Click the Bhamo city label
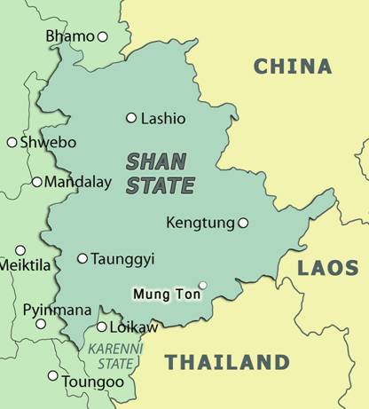pyautogui.click(x=69, y=36)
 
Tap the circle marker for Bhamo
pyautogui.click(x=102, y=36)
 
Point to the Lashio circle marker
pyautogui.click(x=131, y=118)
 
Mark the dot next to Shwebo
pyautogui.click(x=12, y=142)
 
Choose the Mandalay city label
pyautogui.click(x=78, y=183)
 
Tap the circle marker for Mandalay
pyautogui.click(x=36, y=182)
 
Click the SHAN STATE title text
pyautogui.click(x=160, y=174)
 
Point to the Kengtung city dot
pyautogui.click(x=243, y=223)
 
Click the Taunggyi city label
pyautogui.click(x=122, y=259)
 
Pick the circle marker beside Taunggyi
pyautogui.click(x=82, y=259)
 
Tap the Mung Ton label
pyautogui.click(x=163, y=292)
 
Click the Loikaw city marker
pyautogui.click(x=102, y=327)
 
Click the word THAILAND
pyautogui.click(x=227, y=362)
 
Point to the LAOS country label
pyautogui.click(x=327, y=268)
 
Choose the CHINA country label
pyautogui.click(x=293, y=66)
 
